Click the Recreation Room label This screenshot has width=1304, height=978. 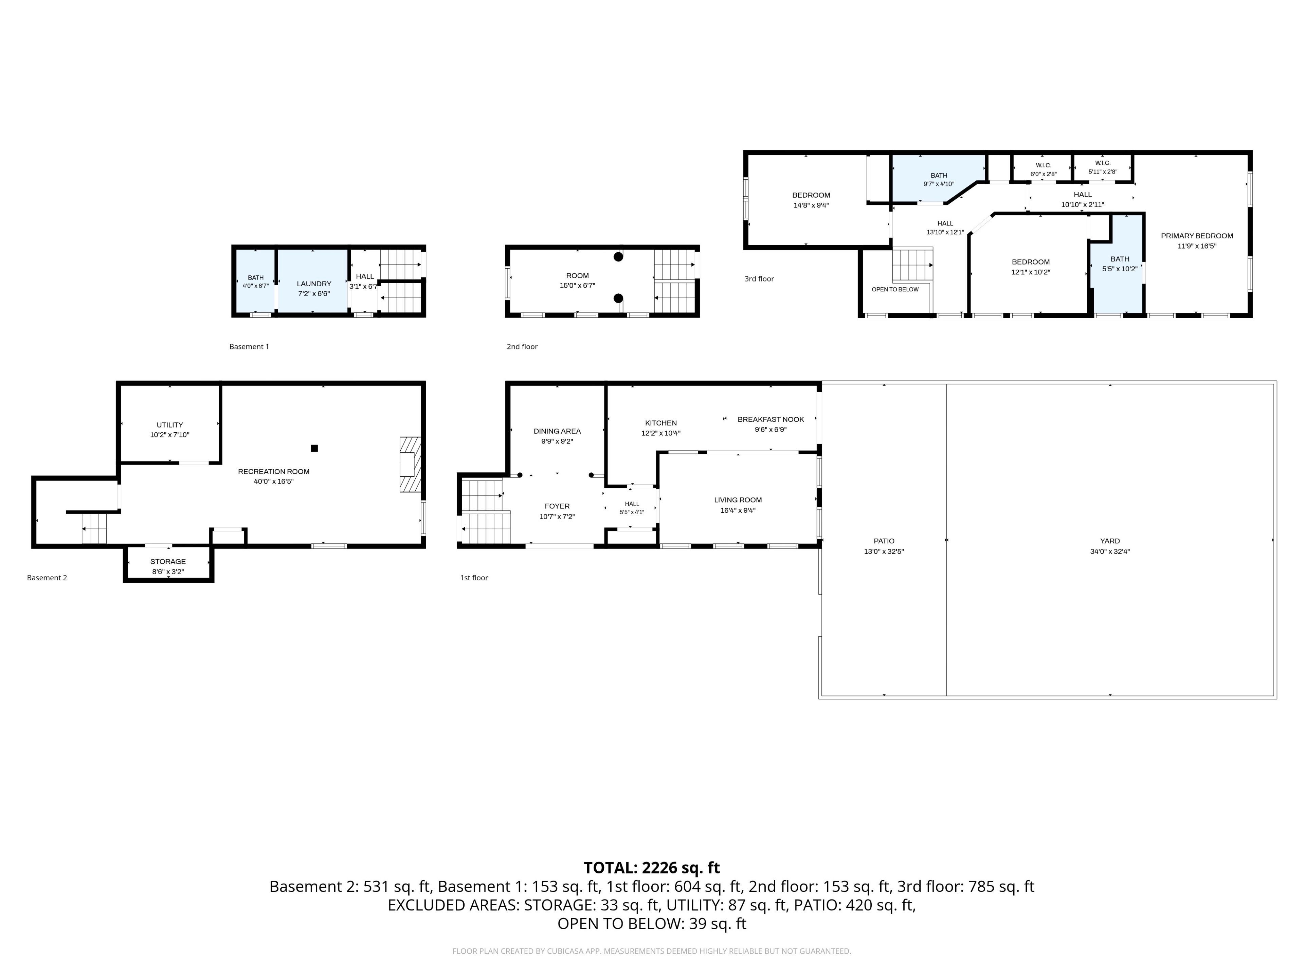click(x=273, y=472)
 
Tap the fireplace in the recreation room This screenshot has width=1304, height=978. click(x=410, y=465)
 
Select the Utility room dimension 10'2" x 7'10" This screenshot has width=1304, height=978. click(x=170, y=435)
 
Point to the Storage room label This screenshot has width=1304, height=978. click(x=168, y=562)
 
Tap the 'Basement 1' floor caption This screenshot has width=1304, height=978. click(x=249, y=347)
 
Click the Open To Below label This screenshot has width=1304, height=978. click(x=895, y=289)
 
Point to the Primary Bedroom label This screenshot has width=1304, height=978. click(x=1197, y=236)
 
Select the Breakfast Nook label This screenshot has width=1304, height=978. click(x=771, y=420)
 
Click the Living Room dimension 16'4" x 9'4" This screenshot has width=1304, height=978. click(x=738, y=510)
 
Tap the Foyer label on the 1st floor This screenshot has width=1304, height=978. click(x=557, y=506)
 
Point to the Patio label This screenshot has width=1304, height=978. click(x=884, y=541)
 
